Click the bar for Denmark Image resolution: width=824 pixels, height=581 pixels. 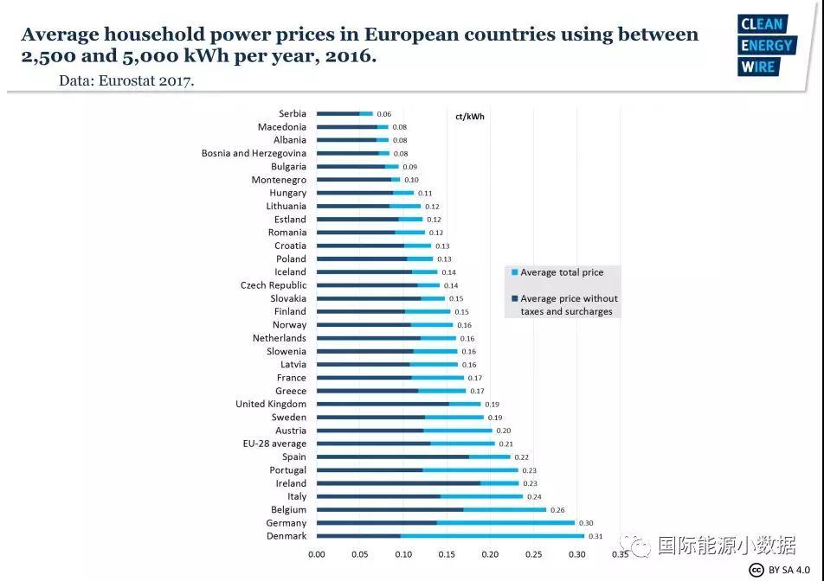(450, 536)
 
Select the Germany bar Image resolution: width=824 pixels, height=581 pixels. (445, 523)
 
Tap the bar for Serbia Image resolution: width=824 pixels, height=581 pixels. (344, 113)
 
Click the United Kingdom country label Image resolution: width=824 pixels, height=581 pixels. (271, 404)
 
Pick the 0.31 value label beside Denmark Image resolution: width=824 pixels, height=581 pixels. (595, 536)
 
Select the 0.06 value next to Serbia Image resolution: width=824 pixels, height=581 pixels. (384, 114)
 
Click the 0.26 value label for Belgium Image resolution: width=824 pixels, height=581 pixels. (557, 510)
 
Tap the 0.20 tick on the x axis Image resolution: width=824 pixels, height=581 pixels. (491, 555)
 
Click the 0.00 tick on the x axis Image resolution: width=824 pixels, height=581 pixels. (317, 555)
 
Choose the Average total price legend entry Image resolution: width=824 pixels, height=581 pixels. (562, 272)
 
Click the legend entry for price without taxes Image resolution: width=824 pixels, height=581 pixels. (568, 304)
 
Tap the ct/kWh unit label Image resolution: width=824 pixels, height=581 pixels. (470, 117)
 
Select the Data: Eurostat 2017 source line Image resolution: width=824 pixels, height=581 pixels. (126, 80)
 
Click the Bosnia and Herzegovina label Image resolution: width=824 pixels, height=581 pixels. (254, 153)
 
